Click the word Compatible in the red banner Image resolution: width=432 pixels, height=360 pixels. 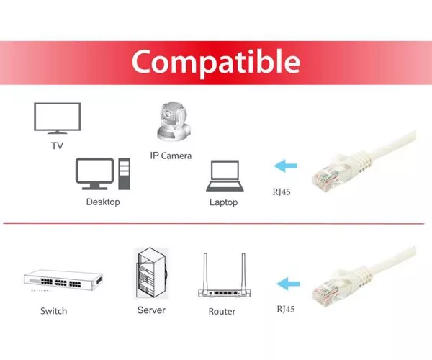click(x=216, y=63)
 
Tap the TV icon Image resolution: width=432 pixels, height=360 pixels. click(x=58, y=118)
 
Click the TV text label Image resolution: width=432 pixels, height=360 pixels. click(x=58, y=145)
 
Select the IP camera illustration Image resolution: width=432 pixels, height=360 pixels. click(x=174, y=122)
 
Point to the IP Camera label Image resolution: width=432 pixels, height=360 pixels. click(x=171, y=156)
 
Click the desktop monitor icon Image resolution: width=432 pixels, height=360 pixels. click(x=94, y=174)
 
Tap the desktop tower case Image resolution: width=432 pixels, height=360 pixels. click(x=125, y=174)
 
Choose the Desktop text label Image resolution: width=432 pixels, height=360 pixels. click(x=103, y=202)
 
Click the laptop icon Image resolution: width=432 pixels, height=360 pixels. click(x=225, y=176)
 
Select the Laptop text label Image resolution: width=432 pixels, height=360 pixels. click(x=223, y=202)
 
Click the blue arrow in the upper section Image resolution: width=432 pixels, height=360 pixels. click(x=285, y=166)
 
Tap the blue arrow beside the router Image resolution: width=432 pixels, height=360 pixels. click(x=288, y=284)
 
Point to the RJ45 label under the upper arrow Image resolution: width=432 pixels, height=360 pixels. click(x=282, y=192)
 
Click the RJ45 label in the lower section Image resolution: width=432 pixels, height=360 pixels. click(x=286, y=309)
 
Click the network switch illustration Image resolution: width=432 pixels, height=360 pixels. click(x=63, y=280)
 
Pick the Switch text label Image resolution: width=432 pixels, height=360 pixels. click(x=54, y=311)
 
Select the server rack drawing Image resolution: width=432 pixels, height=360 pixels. click(x=151, y=273)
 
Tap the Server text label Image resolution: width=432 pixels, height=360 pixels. click(x=151, y=310)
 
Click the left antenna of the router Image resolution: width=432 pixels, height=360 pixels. click(x=205, y=271)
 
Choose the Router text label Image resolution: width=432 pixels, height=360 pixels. click(x=222, y=312)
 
